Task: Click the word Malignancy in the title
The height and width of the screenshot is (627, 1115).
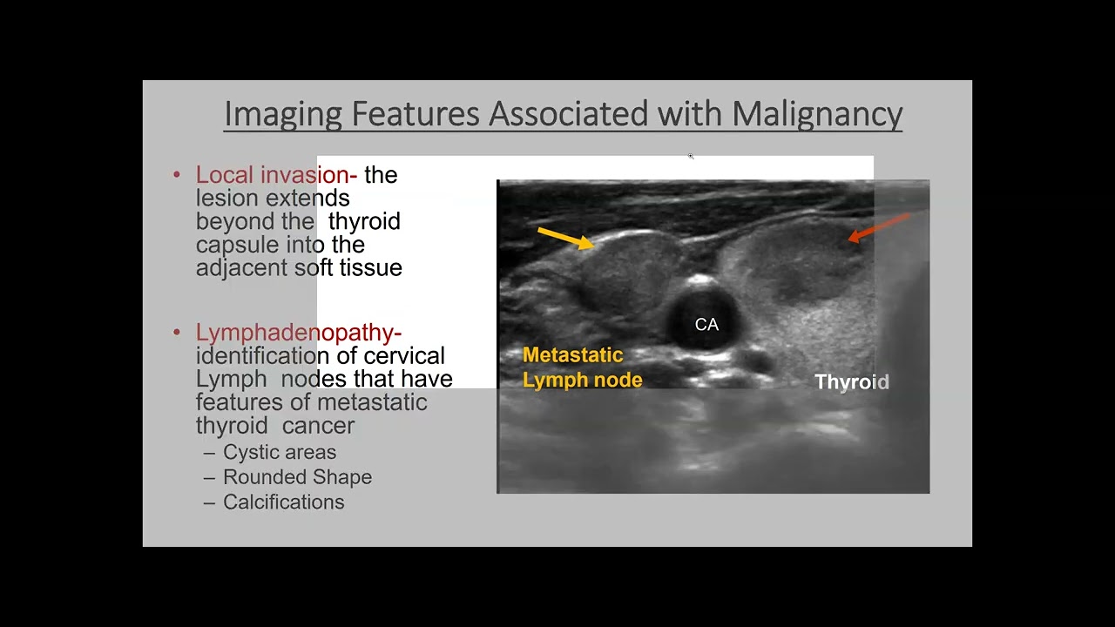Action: pos(816,114)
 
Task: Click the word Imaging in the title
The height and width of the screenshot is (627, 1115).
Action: pos(283,114)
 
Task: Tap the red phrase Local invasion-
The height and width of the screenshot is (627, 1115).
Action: pos(276,175)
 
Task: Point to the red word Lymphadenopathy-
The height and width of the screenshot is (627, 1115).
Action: pos(298,333)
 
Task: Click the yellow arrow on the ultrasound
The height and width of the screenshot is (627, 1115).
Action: pos(565,238)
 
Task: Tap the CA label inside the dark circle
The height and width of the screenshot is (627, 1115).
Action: pos(706,325)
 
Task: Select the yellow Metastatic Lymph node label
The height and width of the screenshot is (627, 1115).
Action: pos(582,367)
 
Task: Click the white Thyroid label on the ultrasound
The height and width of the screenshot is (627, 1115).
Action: pos(851,382)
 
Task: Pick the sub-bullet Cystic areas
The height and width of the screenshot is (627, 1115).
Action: pos(279,452)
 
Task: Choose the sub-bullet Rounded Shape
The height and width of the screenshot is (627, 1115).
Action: pos(297,477)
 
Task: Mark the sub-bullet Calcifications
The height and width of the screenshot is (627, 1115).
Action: pos(283,502)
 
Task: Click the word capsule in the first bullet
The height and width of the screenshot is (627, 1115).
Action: pos(237,245)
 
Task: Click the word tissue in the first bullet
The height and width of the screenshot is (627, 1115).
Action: pos(370,268)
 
